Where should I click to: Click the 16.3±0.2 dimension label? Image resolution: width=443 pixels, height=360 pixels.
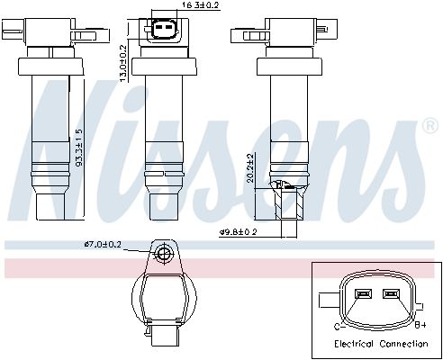pos(201,5)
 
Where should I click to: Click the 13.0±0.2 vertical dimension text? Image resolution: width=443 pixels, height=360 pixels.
pos(123,63)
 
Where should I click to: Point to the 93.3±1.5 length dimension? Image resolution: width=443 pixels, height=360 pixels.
pos(78,148)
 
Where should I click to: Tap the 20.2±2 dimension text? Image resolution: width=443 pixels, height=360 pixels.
pos(250,168)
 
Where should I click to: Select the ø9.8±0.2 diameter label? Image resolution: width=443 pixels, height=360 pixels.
pos(239,232)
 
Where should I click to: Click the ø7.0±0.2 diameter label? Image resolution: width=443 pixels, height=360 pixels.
pos(103,245)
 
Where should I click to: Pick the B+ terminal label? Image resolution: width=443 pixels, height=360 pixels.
pos(420,325)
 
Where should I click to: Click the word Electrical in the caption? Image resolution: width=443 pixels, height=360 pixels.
pos(354,344)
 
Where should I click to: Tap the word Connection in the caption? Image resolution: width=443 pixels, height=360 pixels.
pos(403,344)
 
